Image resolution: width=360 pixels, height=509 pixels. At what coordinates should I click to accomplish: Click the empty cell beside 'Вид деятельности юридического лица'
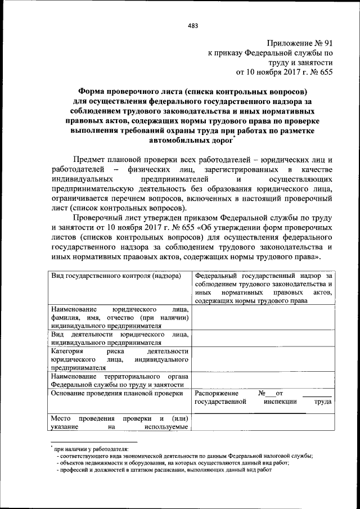[x=263, y=337]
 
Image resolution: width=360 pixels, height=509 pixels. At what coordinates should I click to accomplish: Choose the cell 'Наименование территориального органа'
[x=119, y=380]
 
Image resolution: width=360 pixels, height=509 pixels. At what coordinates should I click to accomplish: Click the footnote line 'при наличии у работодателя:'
[x=91, y=449]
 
